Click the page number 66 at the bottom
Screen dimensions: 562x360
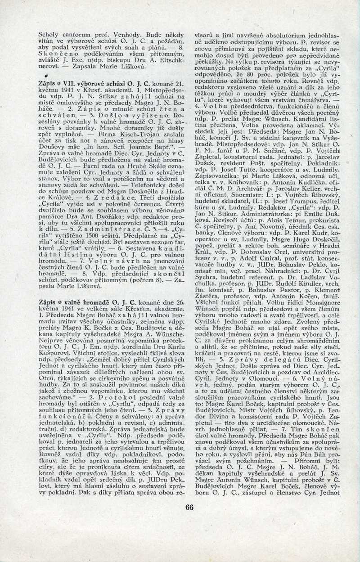point(189,507)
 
